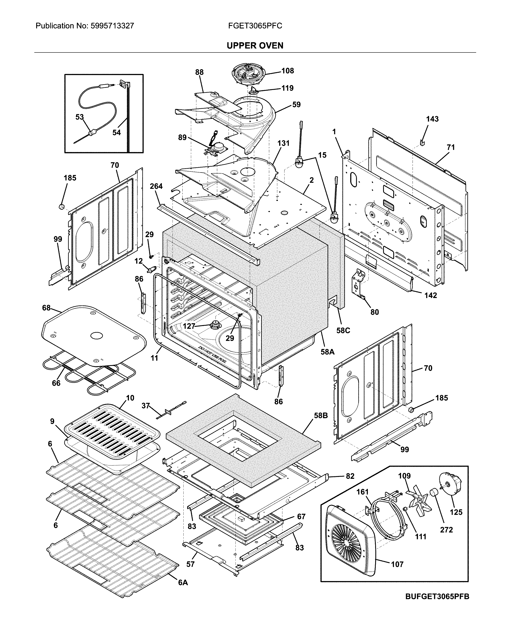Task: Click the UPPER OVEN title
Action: pos(255,46)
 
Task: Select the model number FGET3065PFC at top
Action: pos(255,26)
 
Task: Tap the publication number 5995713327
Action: pos(112,26)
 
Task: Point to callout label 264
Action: pos(156,186)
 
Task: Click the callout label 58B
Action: pos(321,416)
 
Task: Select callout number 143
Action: pos(432,119)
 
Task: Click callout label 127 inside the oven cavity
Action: pos(189,326)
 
